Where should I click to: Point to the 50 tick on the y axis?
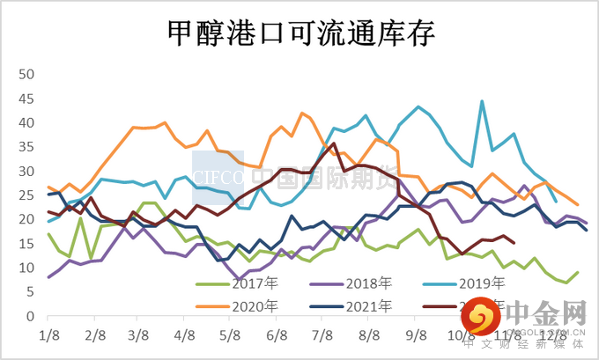tap(25, 75)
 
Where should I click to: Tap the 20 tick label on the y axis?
tap(25, 219)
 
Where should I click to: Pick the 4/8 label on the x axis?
tap(185, 335)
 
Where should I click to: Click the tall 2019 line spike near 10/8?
tap(482, 101)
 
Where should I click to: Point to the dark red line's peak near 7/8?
tap(334, 143)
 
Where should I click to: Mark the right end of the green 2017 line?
tap(578, 273)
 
